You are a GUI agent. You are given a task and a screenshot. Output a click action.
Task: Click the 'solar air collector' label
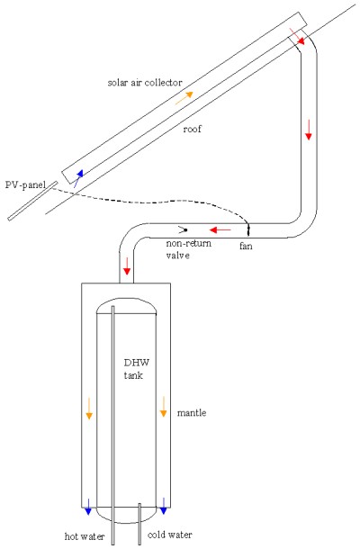point(145,83)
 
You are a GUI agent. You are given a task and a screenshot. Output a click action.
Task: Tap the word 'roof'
point(193,129)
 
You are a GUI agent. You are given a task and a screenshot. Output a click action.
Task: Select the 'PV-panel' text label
point(25,184)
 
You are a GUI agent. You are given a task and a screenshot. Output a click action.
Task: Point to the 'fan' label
point(246,246)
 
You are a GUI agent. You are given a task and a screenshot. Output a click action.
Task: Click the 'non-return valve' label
point(188,249)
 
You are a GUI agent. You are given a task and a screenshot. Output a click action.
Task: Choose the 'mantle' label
point(192,413)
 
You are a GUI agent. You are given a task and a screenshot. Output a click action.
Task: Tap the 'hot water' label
point(85,536)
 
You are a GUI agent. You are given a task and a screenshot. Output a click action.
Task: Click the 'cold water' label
point(170,535)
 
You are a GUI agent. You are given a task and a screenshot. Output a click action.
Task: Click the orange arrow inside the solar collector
point(184,98)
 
